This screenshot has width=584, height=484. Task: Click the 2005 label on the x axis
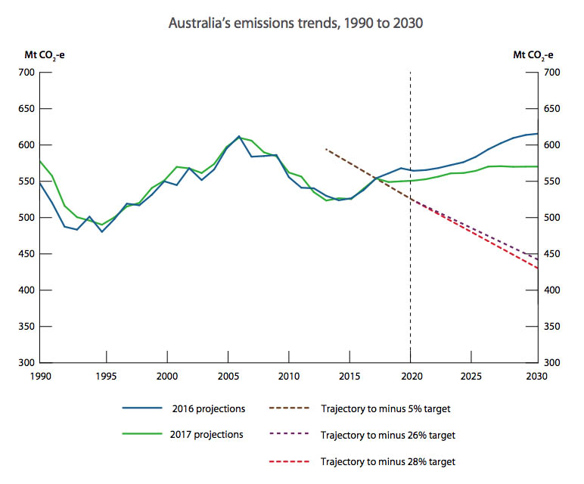tap(228, 376)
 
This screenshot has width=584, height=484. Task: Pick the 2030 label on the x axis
tap(536, 376)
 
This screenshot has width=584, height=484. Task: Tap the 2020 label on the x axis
tap(410, 376)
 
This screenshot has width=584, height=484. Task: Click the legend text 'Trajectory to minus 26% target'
tap(387, 435)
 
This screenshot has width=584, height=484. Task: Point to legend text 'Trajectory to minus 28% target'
tap(387, 461)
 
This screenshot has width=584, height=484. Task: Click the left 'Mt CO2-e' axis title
tap(36, 54)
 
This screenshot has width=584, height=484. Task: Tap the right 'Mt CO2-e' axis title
tap(533, 54)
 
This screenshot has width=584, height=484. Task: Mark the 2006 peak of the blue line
tap(239, 137)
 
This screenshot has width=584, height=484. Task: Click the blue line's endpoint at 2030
tap(537, 134)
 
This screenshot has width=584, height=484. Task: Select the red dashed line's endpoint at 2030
tap(537, 268)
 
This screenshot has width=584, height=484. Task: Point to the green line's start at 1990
tap(40, 161)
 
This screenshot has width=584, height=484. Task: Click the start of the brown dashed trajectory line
tap(325, 149)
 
